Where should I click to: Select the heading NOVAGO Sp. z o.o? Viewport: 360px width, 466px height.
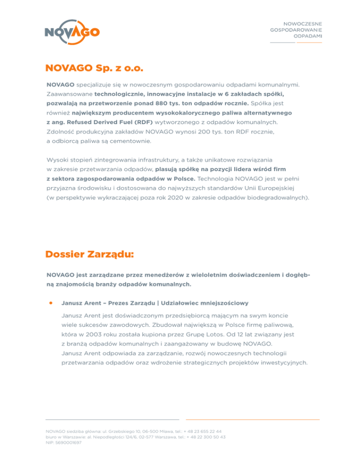[x=94, y=68]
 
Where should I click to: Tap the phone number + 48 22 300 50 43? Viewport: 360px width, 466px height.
[x=206, y=436]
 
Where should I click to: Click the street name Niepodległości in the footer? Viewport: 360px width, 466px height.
[x=105, y=436]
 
